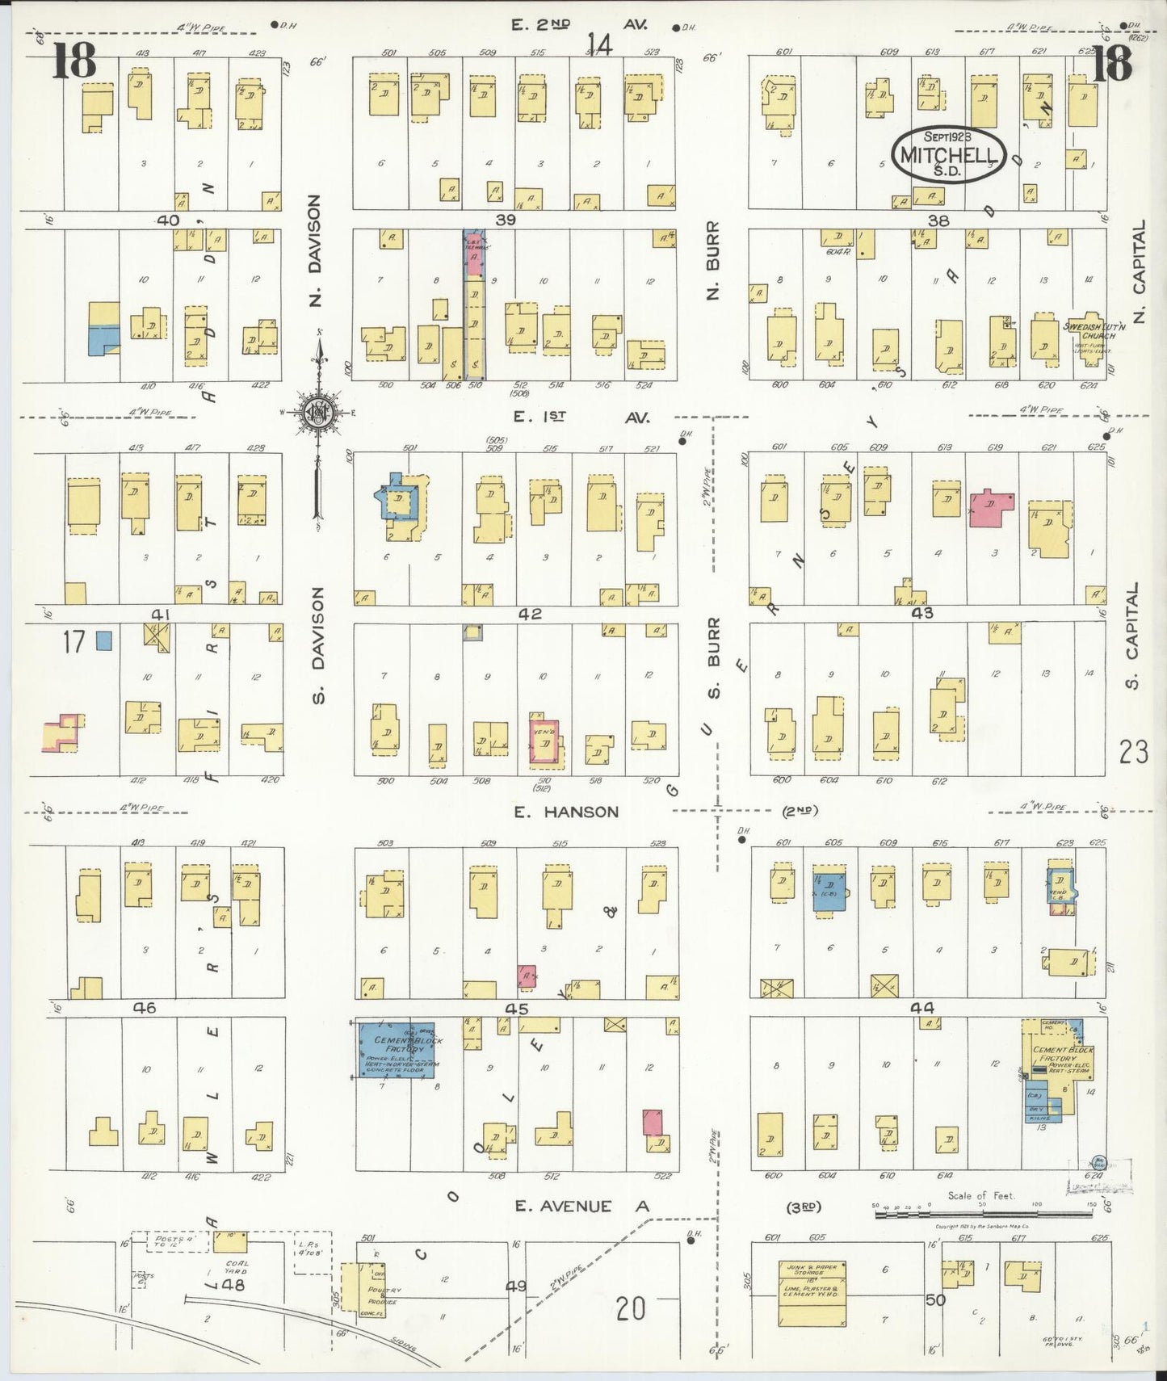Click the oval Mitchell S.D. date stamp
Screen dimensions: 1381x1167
coord(949,154)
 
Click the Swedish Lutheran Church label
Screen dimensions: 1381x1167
coord(1090,331)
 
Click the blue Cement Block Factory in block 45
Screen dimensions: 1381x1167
coord(397,1049)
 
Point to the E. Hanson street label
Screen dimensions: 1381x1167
coord(567,812)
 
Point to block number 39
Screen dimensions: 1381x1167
coord(506,220)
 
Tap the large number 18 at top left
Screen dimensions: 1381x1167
coord(74,61)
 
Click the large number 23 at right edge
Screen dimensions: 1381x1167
coord(1133,753)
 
